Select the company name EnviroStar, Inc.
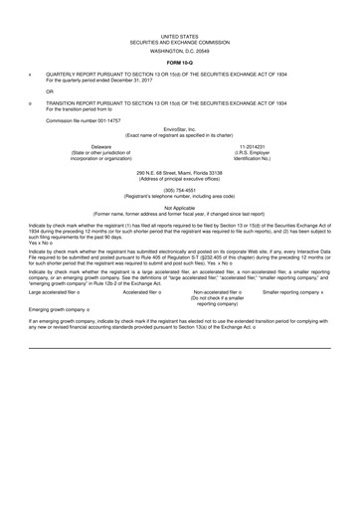pos(180,128)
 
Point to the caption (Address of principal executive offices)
pos(180,180)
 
